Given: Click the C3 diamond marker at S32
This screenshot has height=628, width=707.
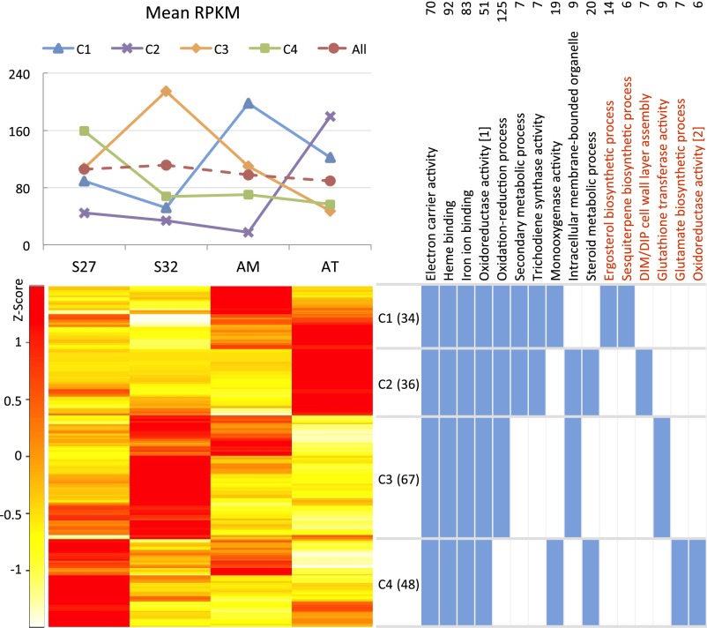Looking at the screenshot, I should click(x=165, y=92).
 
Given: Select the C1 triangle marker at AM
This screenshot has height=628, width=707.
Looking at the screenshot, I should click(x=248, y=103).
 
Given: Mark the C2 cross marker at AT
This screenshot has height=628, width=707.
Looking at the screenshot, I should click(x=331, y=116).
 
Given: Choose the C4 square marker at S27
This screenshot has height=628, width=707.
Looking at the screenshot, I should click(x=84, y=131).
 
